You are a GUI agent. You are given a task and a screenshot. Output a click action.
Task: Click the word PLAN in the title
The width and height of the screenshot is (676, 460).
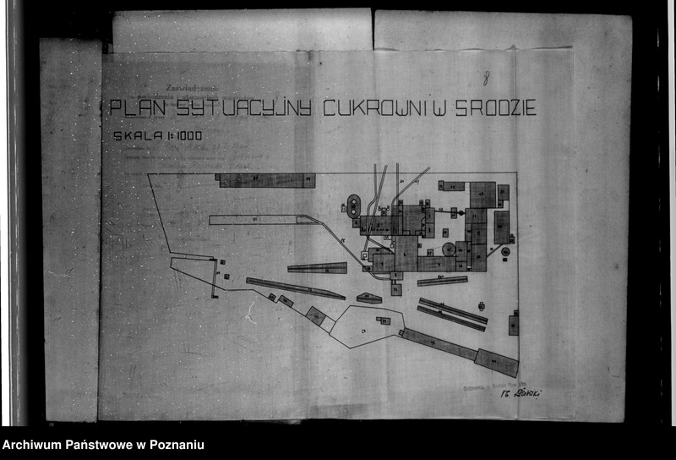135,108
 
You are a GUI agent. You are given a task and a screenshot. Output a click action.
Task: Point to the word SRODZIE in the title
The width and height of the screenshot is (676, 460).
496,108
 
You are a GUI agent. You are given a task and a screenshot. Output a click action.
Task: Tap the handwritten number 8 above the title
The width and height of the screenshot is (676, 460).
487,79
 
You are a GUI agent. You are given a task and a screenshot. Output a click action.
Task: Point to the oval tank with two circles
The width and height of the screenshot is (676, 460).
352,205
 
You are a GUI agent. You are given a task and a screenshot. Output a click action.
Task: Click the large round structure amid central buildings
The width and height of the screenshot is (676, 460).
449,250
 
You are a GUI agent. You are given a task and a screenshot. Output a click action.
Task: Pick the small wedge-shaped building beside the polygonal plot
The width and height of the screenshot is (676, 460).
369,298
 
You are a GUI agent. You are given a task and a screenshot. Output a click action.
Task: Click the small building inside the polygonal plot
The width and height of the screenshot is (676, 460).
384,321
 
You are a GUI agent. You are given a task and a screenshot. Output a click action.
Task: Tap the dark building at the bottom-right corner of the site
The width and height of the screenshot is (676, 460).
496,362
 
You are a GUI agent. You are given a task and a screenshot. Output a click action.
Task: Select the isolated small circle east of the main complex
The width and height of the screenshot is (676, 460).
505,251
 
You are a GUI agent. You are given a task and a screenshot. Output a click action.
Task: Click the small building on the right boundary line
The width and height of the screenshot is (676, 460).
514,325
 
